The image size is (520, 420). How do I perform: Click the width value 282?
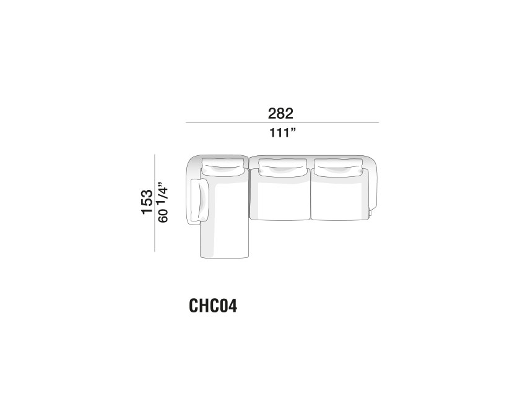[x=280, y=113]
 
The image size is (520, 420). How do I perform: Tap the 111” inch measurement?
[x=282, y=133]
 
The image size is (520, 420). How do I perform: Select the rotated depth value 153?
[x=147, y=202]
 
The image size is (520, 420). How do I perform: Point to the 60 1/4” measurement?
[x=163, y=202]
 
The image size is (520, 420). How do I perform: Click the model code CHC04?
[x=213, y=306]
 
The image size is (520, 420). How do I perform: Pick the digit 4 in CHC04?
[x=233, y=306]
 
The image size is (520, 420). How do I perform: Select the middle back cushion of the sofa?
[x=282, y=166]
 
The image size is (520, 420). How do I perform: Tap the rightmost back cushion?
[x=338, y=166]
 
